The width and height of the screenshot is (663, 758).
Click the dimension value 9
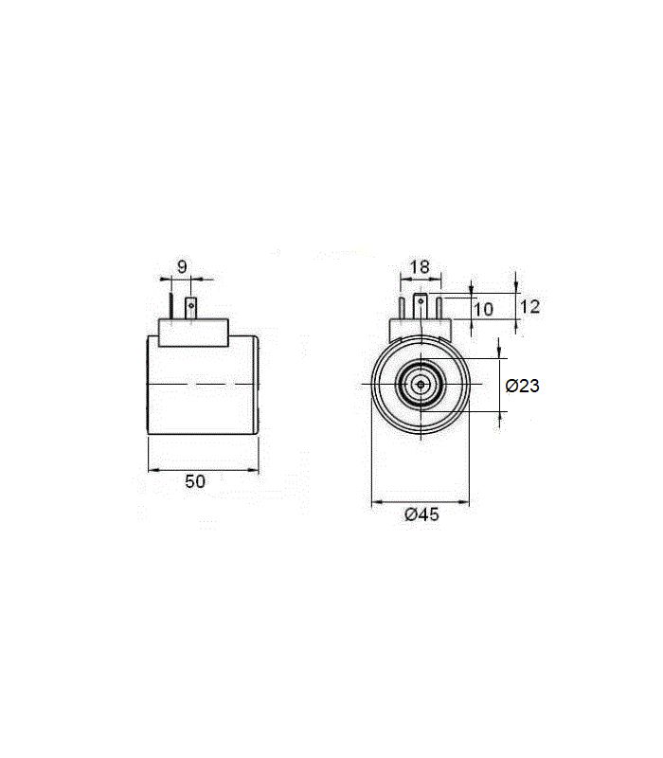pos(182,266)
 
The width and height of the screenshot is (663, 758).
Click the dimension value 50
pos(195,481)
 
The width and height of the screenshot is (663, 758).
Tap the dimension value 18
pos(420,266)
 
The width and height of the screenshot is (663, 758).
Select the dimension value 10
pos(483,310)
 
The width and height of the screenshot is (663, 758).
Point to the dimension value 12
pos(529,306)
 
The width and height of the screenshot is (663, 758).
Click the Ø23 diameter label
pos(522,386)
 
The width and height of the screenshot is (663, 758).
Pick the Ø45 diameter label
pos(421,514)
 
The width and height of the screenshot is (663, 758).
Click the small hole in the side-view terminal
pos(191,305)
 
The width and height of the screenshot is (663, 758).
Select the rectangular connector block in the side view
pos(194,333)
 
